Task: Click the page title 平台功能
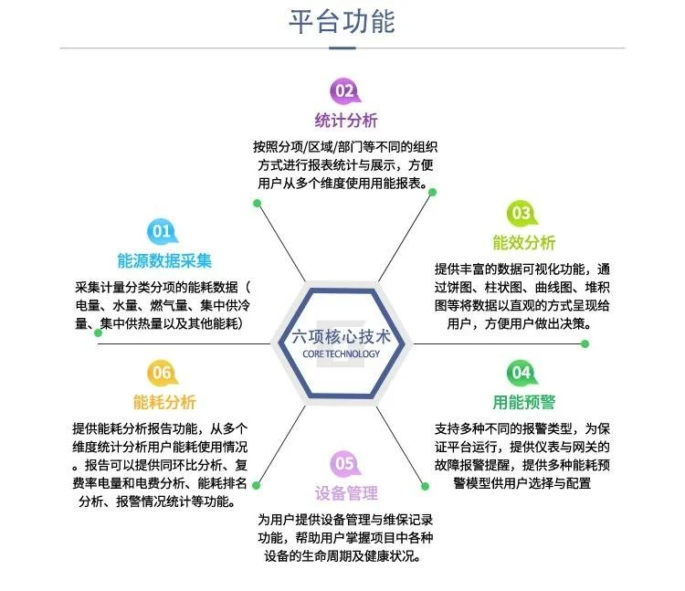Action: pos(342,22)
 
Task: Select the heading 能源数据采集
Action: pos(164,260)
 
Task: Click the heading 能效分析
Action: pos(523,243)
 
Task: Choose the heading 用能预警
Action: pos(523,402)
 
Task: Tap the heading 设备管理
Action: pos(346,494)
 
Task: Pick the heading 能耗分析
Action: pos(164,402)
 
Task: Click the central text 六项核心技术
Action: pos(339,336)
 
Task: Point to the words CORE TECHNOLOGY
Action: pos(339,354)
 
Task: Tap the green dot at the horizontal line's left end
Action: pos(99,332)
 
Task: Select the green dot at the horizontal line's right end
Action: pos(585,343)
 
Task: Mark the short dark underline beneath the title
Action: pos(342,47)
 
